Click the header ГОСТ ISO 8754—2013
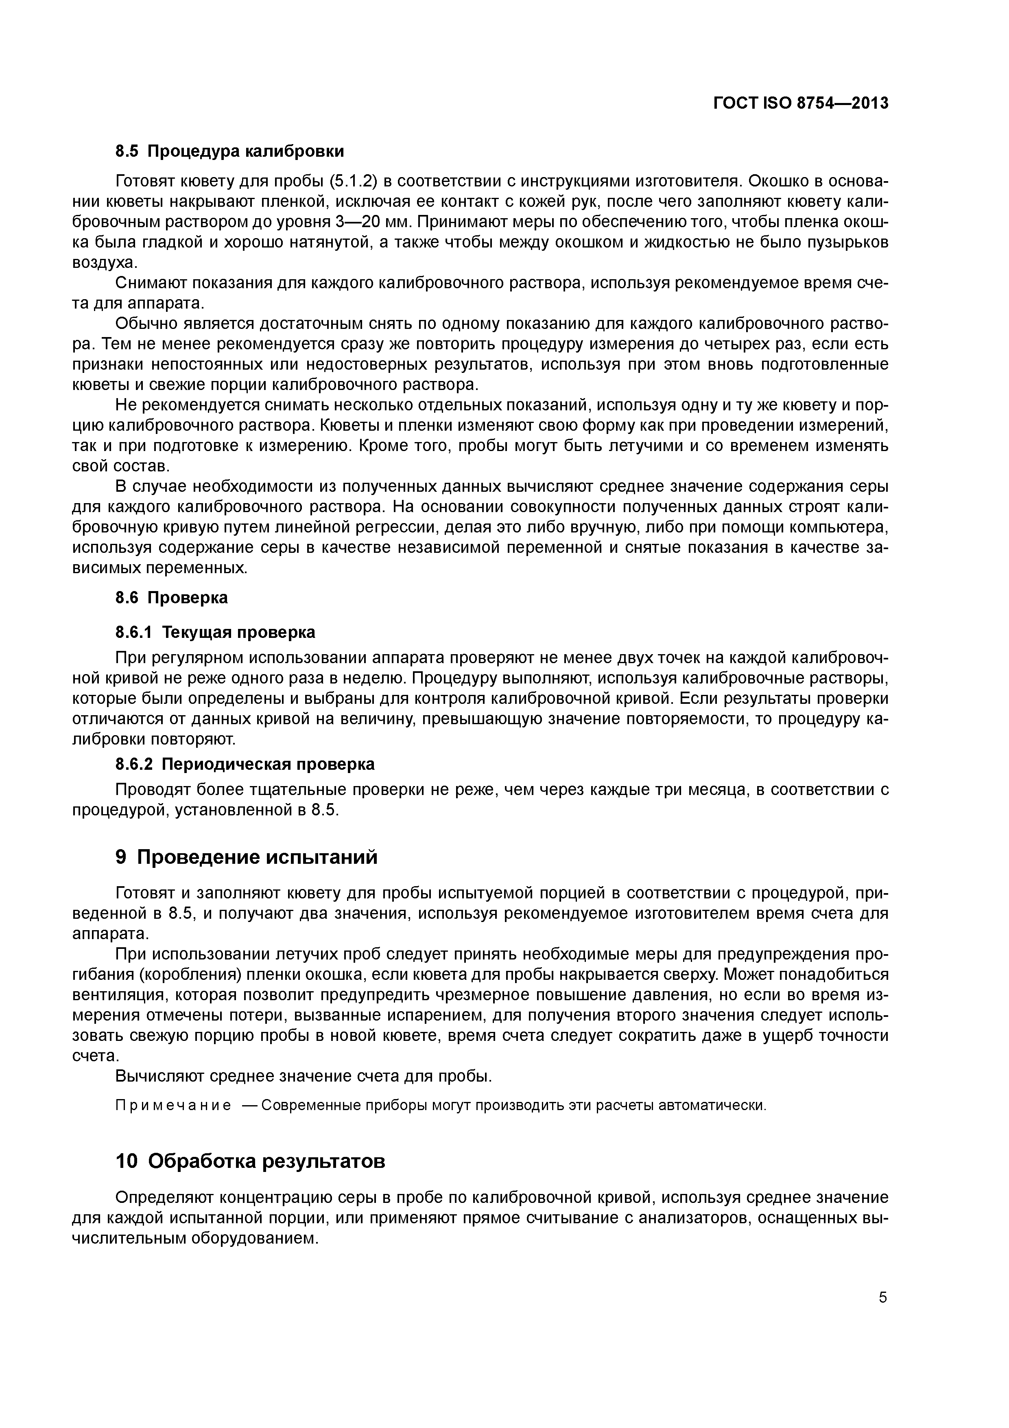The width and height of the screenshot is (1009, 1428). pyautogui.click(x=800, y=103)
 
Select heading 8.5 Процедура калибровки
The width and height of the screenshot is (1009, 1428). pyautogui.click(x=229, y=151)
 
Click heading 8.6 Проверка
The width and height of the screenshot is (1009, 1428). pyautogui.click(x=172, y=598)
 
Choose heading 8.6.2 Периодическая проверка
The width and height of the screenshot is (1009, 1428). pyautogui.click(x=245, y=763)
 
